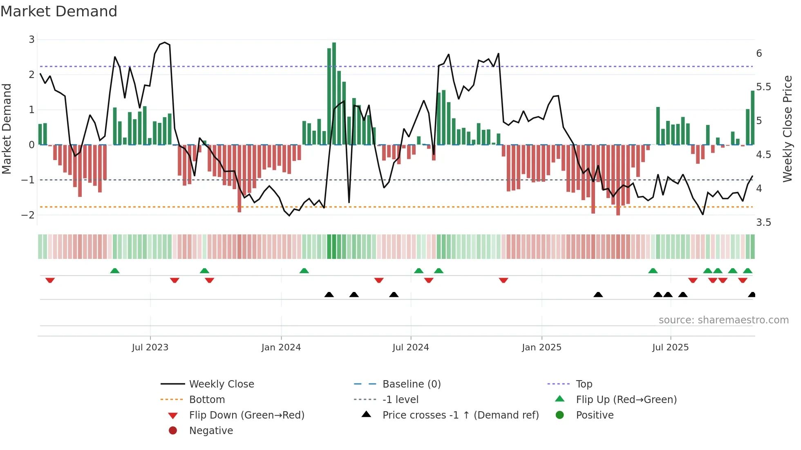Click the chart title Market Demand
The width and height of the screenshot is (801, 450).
(59, 11)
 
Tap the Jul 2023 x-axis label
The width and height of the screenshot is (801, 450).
(150, 348)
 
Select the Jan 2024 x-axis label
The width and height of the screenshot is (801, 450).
(281, 348)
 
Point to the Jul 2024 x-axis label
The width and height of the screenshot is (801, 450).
(411, 348)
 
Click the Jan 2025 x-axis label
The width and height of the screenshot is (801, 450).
(541, 348)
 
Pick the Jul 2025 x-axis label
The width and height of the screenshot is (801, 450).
(671, 348)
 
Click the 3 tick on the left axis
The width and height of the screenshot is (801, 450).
(31, 40)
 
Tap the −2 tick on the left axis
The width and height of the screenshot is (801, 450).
(28, 215)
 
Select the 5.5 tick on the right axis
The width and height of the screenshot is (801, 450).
(763, 87)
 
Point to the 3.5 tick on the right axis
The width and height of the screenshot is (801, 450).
(763, 223)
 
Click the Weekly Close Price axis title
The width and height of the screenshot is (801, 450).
(788, 129)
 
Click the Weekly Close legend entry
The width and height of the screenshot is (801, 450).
(222, 384)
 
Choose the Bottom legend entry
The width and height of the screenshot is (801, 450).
(207, 400)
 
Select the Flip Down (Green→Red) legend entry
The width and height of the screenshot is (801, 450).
(246, 415)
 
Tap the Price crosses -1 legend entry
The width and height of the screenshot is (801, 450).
(461, 415)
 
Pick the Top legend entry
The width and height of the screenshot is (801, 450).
(584, 384)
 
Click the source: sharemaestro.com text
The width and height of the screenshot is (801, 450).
(723, 320)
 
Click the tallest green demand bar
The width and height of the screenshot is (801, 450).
(334, 94)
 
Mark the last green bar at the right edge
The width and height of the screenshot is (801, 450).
(753, 118)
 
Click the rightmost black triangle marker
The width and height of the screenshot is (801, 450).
(752, 295)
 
